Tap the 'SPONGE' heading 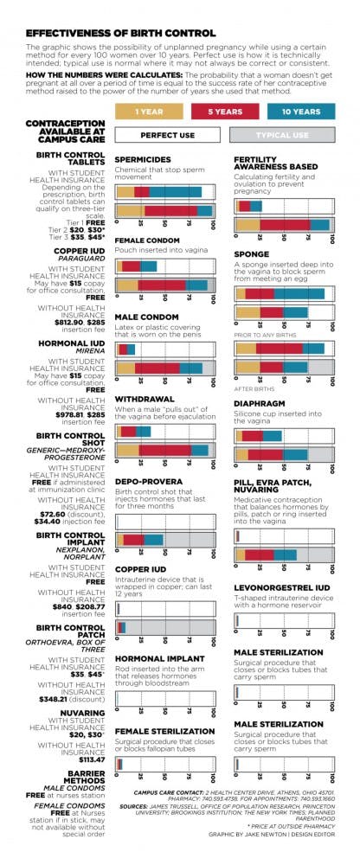click(x=251, y=256)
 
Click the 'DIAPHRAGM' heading click(x=258, y=403)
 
